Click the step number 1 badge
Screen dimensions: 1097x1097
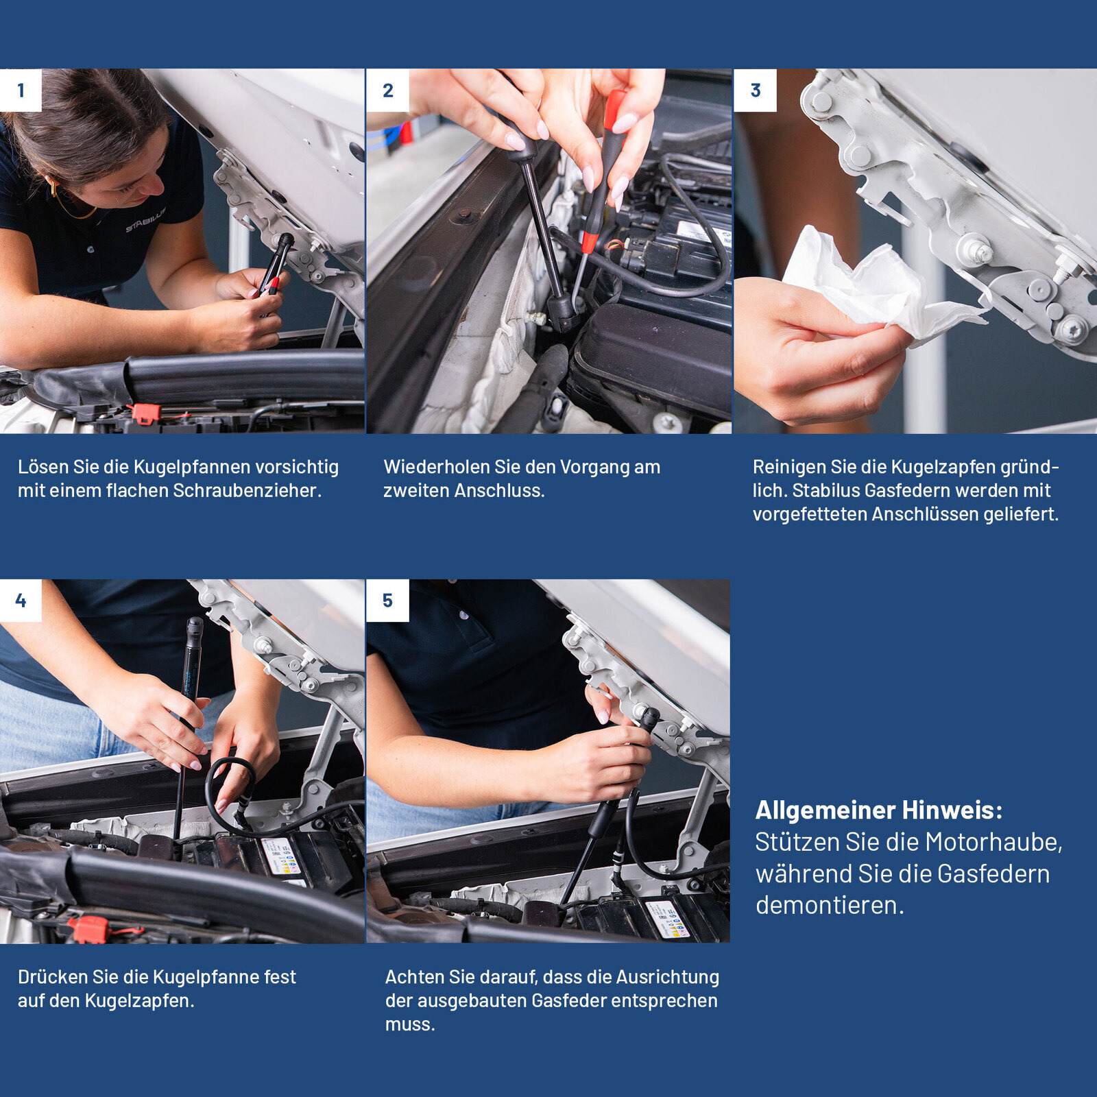(x=21, y=90)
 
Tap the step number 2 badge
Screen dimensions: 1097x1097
(x=388, y=90)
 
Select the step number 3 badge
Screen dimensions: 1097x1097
(x=756, y=90)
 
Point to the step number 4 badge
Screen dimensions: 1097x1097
(x=21, y=601)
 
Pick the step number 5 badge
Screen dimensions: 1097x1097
(x=388, y=601)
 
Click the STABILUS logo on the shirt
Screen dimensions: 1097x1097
(x=145, y=220)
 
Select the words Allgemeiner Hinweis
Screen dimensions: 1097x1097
(x=879, y=810)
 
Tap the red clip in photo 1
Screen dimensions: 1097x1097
(x=145, y=413)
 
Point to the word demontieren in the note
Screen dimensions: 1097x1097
(x=830, y=905)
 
